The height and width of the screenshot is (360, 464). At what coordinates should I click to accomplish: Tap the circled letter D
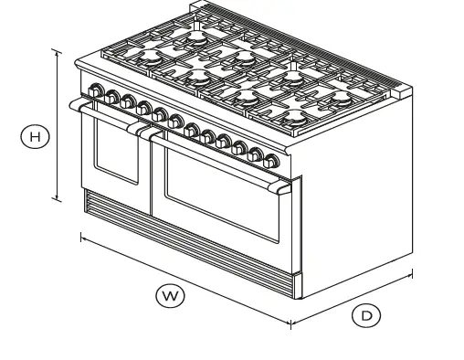(x=367, y=315)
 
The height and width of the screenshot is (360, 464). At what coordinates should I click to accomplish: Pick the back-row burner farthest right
(x=340, y=95)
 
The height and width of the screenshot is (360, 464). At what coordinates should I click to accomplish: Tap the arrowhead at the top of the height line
(x=57, y=53)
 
